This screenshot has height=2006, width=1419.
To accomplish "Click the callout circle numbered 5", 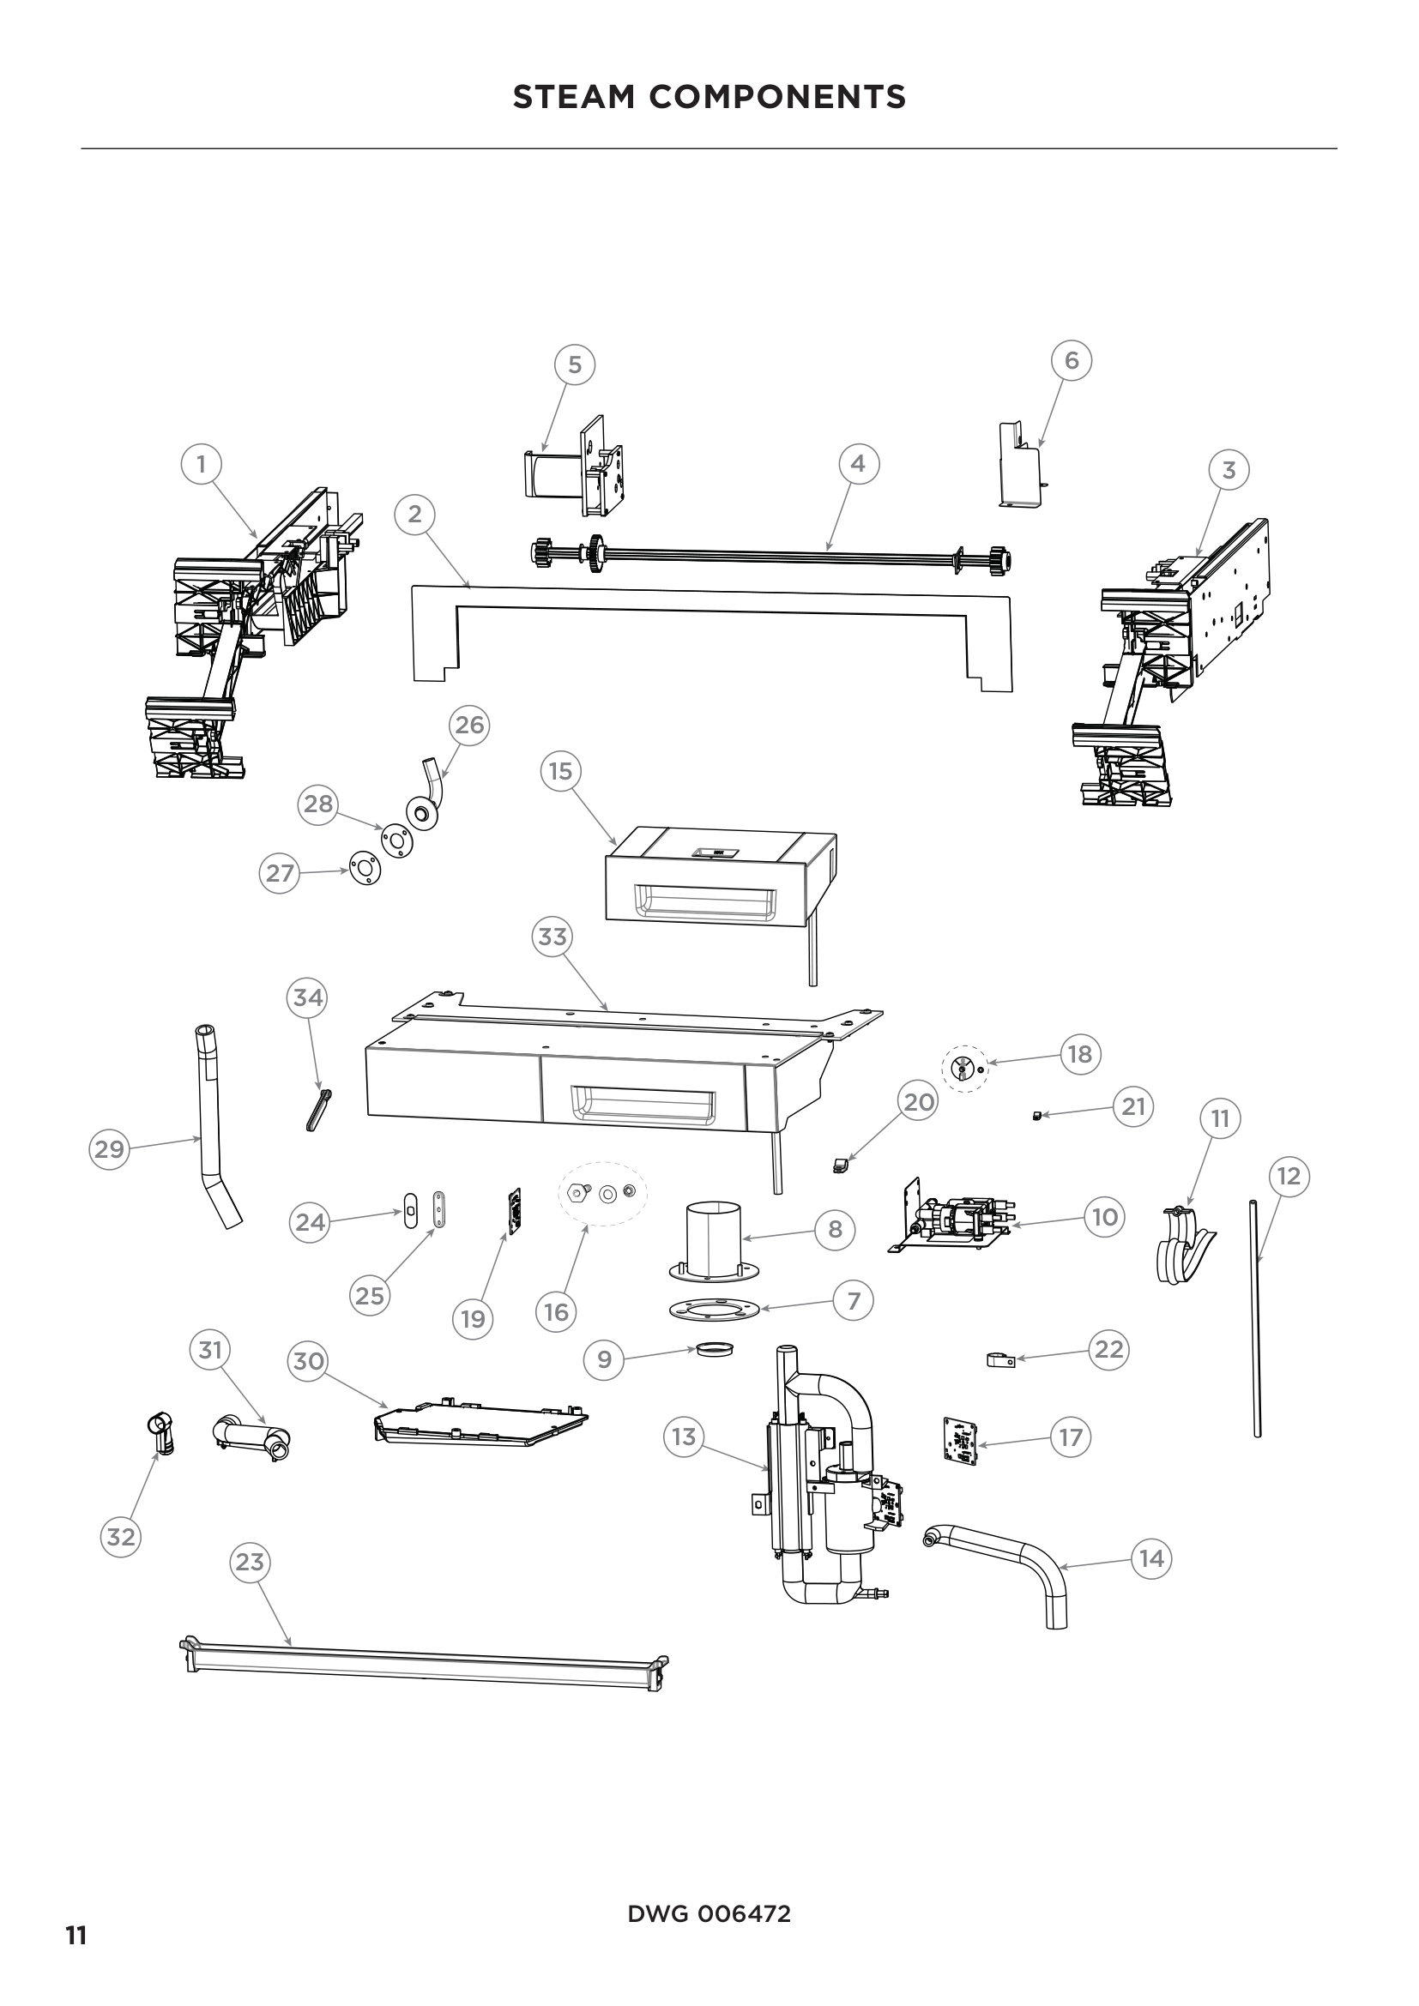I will (x=575, y=364).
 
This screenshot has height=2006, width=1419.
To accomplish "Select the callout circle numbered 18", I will (x=1080, y=1054).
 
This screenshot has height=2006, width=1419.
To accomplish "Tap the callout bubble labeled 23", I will (x=250, y=1561).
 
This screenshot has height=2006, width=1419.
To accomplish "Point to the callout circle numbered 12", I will (x=1289, y=1176).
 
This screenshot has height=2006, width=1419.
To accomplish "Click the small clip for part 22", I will (x=1000, y=1359).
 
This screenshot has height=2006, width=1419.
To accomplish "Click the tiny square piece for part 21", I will (x=1036, y=1116).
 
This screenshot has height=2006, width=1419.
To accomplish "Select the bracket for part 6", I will (x=1020, y=466).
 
